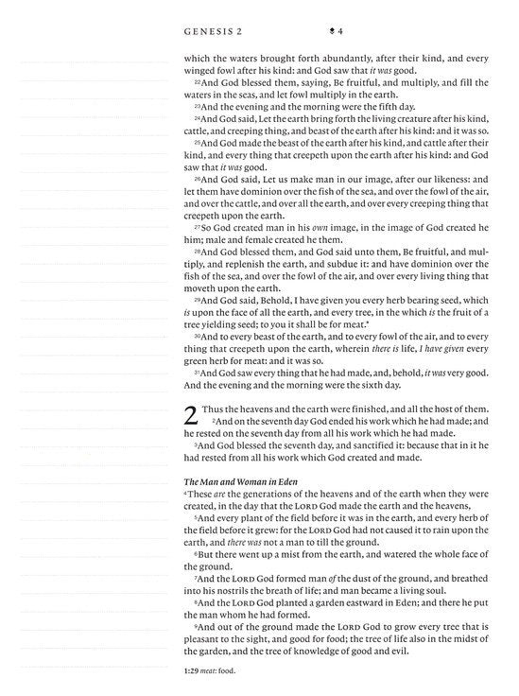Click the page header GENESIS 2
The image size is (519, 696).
coord(214,32)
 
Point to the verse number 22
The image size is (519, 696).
coord(189,82)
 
